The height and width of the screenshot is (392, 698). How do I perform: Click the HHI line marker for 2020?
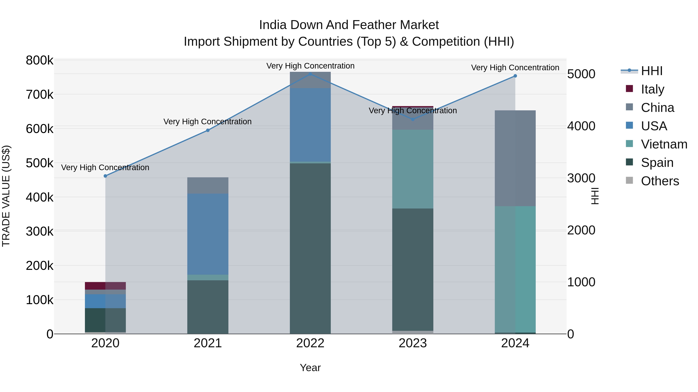[x=105, y=176]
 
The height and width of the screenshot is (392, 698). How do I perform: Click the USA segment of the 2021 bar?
[x=208, y=234]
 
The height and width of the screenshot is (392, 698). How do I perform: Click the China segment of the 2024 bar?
[x=515, y=158]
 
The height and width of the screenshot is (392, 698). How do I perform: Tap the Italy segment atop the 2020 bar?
[x=105, y=286]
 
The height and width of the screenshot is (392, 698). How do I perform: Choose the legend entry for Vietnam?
[x=664, y=144]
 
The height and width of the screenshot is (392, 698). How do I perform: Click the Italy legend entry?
[x=652, y=89]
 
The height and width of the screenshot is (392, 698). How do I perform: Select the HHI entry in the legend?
[x=651, y=71]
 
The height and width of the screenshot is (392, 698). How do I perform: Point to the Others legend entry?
[x=660, y=181]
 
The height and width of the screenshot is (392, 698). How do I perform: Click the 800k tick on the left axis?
[x=40, y=60]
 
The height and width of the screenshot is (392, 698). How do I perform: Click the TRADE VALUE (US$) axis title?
[x=6, y=196]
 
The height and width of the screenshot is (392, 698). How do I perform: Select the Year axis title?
[x=310, y=368]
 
